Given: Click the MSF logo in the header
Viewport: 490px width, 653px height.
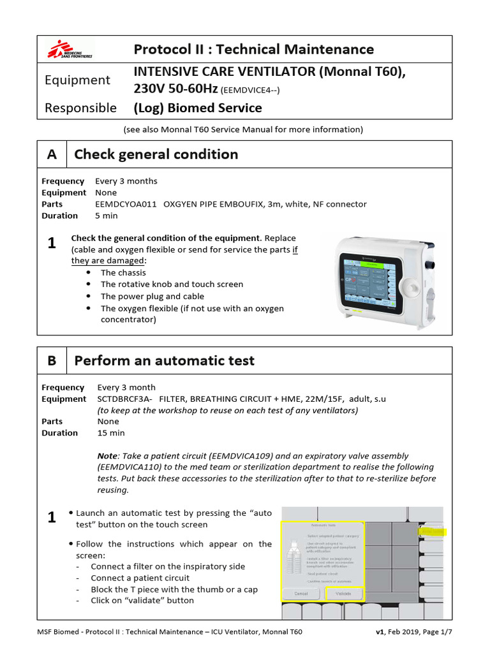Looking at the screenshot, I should click(71, 49).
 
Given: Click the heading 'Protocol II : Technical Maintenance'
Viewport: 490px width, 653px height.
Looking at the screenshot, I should click(253, 49).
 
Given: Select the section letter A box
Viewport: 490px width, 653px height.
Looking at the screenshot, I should click(52, 154).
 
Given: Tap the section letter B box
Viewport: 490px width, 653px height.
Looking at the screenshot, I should click(52, 361).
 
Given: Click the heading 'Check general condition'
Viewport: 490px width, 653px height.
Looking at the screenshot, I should click(156, 154).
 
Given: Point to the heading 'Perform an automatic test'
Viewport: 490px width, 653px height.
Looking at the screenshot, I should click(164, 361).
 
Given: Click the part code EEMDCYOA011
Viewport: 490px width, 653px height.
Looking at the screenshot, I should click(126, 204).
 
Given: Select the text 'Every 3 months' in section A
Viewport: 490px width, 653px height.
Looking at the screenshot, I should click(126, 181).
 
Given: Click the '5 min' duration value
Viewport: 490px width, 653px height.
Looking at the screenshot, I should click(107, 216).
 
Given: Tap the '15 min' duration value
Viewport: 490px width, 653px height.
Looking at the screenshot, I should click(111, 433).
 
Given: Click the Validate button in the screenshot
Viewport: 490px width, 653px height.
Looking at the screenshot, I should click(344, 594).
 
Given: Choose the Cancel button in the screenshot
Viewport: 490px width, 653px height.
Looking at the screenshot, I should click(301, 594).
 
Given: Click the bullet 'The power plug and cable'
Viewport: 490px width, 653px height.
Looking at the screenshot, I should click(152, 297).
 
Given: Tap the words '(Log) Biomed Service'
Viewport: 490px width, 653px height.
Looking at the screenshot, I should click(198, 108).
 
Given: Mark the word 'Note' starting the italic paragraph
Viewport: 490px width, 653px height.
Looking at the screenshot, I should click(107, 457).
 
